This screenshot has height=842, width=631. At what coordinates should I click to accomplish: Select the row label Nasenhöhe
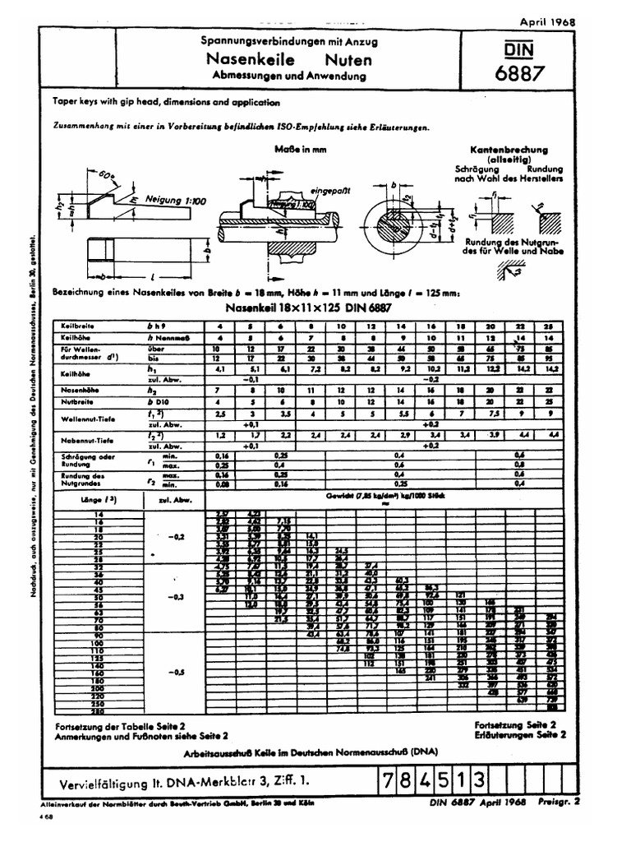pos(81,390)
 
